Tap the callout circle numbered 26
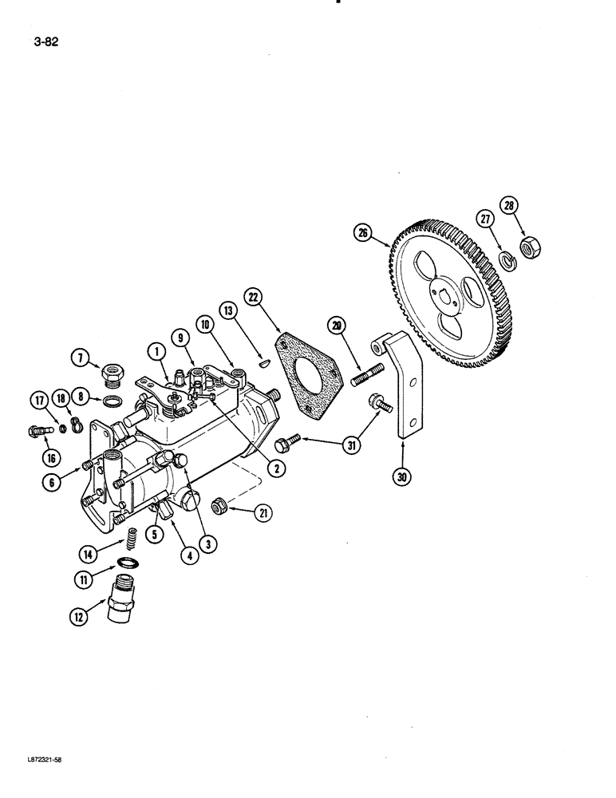[x=365, y=234]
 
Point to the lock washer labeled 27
[x=505, y=260]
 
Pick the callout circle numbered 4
[x=189, y=555]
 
